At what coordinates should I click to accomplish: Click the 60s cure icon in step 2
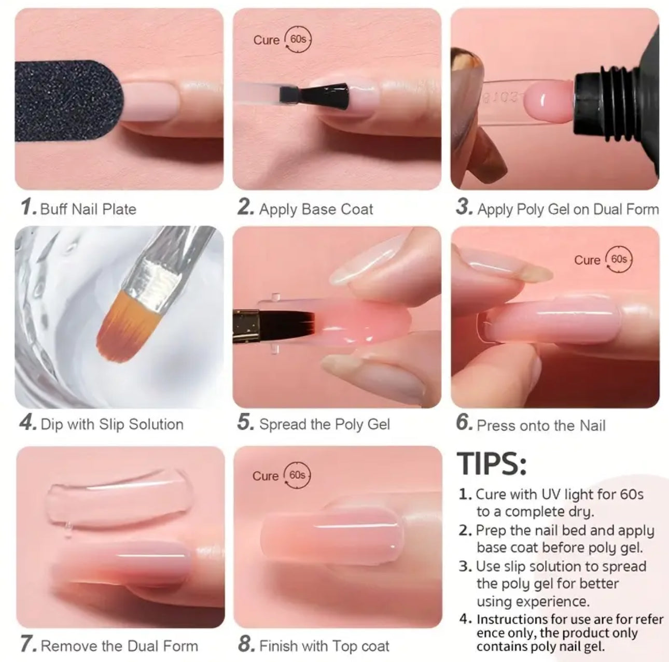click(x=298, y=39)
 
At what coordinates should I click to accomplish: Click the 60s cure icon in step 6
click(x=619, y=260)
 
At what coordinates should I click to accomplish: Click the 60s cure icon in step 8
click(x=297, y=475)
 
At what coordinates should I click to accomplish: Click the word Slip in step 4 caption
click(x=111, y=424)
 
